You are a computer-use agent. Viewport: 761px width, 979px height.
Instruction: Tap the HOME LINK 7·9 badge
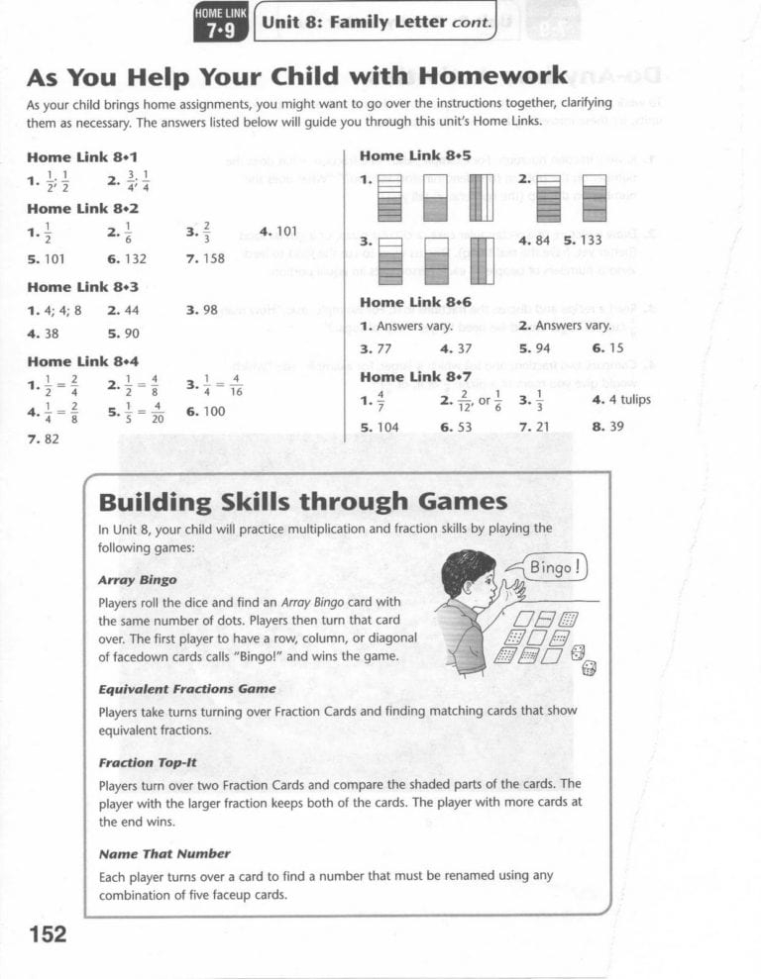[x=221, y=22]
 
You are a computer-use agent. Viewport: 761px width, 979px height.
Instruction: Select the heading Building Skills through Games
[x=302, y=502]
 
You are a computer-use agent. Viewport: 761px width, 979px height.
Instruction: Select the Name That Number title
[x=164, y=853]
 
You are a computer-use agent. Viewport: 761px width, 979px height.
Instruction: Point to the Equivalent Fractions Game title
[x=187, y=689]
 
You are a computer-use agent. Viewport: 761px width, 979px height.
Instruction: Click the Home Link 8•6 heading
[x=415, y=302]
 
